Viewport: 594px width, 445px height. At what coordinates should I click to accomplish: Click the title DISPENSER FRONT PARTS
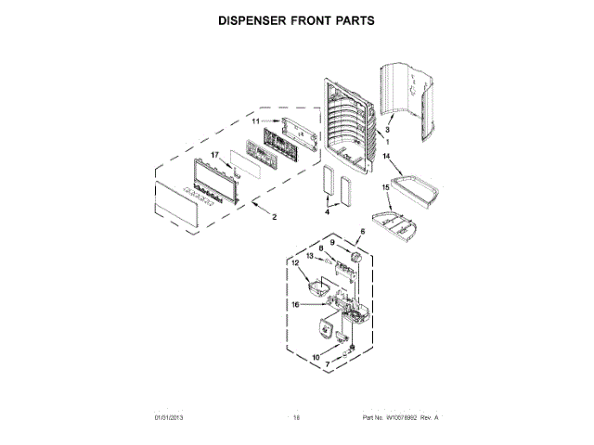pos(296,19)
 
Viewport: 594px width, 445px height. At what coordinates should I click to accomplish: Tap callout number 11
pos(257,121)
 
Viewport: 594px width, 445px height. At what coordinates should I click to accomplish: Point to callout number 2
pos(273,218)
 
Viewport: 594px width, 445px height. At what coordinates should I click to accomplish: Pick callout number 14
pos(386,157)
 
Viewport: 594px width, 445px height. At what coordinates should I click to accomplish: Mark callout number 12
pos(294,263)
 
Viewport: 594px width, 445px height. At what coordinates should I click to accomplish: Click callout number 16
pos(294,302)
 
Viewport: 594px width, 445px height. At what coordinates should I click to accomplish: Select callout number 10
pos(316,357)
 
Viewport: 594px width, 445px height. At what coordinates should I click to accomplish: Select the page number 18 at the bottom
pos(297,419)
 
